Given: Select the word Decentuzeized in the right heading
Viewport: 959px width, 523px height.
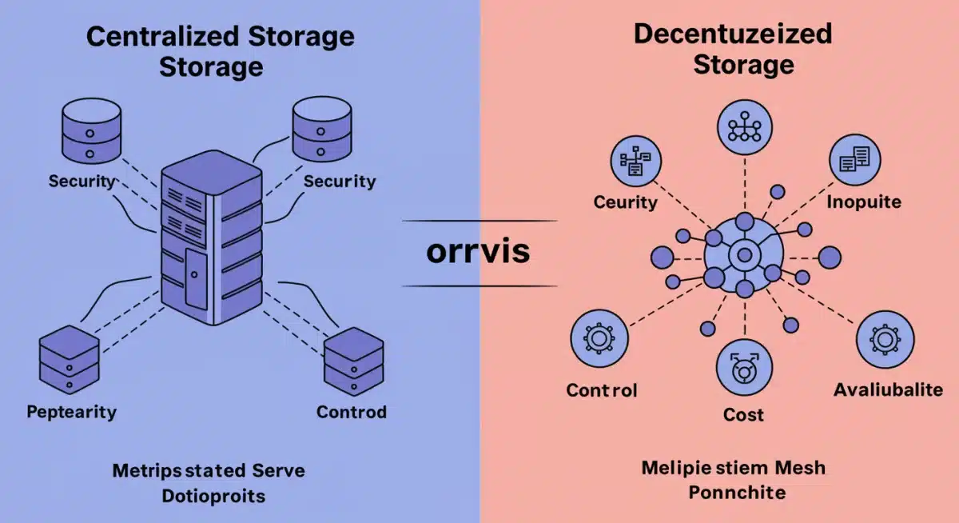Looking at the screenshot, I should click(732, 34).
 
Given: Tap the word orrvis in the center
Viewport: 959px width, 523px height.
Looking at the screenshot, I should click(479, 252).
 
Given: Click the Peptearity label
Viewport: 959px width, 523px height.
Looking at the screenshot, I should click(71, 413).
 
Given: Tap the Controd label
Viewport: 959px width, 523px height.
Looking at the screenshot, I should click(352, 413).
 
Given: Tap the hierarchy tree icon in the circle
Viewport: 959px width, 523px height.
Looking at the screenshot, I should click(744, 128).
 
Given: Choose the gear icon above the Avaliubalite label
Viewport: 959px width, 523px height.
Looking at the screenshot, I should click(885, 339).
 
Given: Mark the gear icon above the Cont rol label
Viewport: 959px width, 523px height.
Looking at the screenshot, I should click(599, 339).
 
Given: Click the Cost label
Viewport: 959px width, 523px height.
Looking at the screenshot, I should click(743, 414).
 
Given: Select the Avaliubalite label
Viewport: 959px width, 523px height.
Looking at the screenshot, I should click(887, 390).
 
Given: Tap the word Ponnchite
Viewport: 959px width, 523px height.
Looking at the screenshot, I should click(736, 492).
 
